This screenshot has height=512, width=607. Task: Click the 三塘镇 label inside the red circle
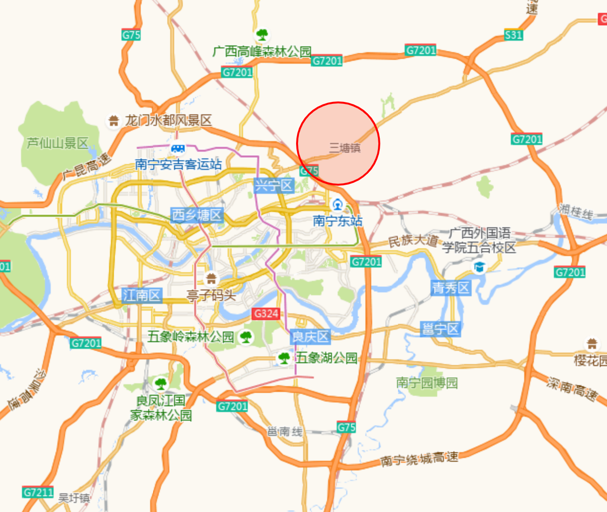(344, 148)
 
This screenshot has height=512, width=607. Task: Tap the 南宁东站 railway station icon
(338, 205)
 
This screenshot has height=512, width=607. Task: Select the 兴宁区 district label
(273, 185)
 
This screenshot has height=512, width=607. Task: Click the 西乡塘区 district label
(197, 215)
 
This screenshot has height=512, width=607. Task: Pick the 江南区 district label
(142, 295)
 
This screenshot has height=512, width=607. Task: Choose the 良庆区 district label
(310, 337)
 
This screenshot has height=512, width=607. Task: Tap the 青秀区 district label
(451, 288)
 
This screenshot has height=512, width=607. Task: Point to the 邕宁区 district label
(440, 329)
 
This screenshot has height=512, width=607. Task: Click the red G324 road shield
(266, 313)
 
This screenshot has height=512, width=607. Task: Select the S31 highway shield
(513, 35)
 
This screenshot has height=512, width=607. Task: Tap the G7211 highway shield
(38, 492)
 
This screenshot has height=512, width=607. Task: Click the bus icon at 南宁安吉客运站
(178, 149)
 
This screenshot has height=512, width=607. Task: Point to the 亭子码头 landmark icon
(211, 278)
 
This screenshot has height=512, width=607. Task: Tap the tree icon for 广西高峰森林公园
(262, 34)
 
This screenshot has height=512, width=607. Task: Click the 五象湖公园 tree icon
(284, 358)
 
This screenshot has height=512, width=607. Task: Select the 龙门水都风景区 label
(168, 121)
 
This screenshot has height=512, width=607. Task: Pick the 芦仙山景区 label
(57, 143)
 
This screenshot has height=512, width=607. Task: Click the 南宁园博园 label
(427, 383)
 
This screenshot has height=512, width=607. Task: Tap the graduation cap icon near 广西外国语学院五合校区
(479, 267)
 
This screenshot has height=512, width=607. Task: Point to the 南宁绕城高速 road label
(419, 459)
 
